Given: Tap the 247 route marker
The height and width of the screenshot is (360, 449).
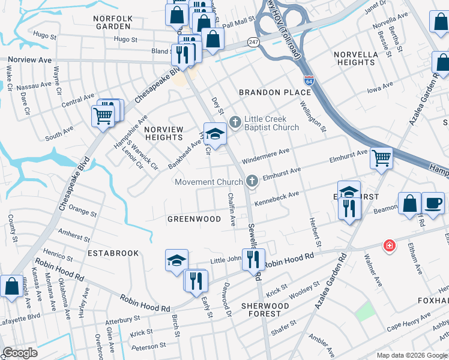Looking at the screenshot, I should (254, 43).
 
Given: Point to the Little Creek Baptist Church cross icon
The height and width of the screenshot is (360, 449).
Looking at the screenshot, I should (234, 122).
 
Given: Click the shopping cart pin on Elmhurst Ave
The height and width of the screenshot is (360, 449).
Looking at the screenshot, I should (381, 158).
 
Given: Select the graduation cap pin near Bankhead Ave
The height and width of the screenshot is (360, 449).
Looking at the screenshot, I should (215, 134).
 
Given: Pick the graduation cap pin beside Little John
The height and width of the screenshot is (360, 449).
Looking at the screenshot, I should (176, 260).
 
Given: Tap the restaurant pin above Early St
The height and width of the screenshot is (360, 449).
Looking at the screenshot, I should (195, 280).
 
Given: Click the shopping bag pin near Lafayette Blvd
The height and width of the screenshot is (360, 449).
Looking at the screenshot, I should (11, 286).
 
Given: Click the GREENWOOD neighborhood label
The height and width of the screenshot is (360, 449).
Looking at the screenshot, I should (194, 220).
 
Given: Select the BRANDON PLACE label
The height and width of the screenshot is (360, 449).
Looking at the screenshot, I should (268, 92).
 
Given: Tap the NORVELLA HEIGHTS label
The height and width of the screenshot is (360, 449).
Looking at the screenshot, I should (354, 58).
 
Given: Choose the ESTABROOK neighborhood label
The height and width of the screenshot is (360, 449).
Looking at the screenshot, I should (113, 254).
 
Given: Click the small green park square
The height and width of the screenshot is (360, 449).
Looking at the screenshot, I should (363, 311).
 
